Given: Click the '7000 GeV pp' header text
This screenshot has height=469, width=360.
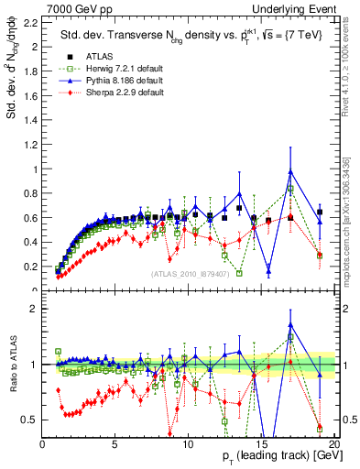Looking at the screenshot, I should click(x=74, y=7).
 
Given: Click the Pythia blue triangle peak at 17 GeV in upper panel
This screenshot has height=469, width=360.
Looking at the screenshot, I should click(x=289, y=171).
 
